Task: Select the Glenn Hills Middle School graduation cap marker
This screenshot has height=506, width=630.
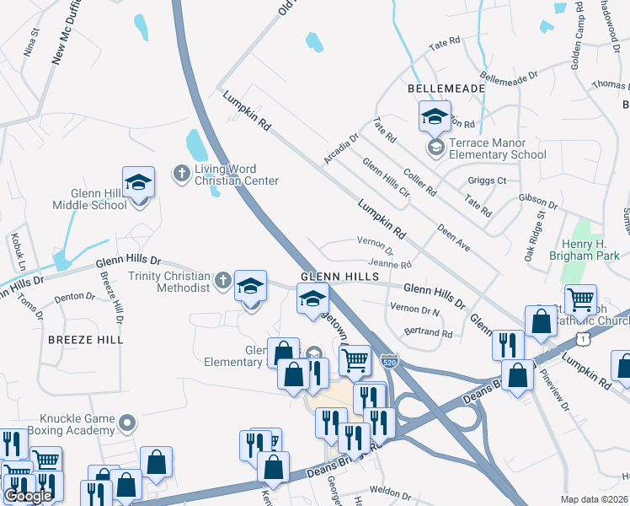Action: click(x=139, y=183)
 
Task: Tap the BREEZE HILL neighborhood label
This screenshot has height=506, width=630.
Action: click(x=85, y=339)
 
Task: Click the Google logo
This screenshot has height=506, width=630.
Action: click(x=28, y=496)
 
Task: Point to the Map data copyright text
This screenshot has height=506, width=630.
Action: click(x=594, y=499)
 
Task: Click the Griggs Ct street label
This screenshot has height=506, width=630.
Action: click(x=487, y=180)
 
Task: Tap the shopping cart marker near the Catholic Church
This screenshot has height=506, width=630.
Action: click(x=580, y=299)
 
